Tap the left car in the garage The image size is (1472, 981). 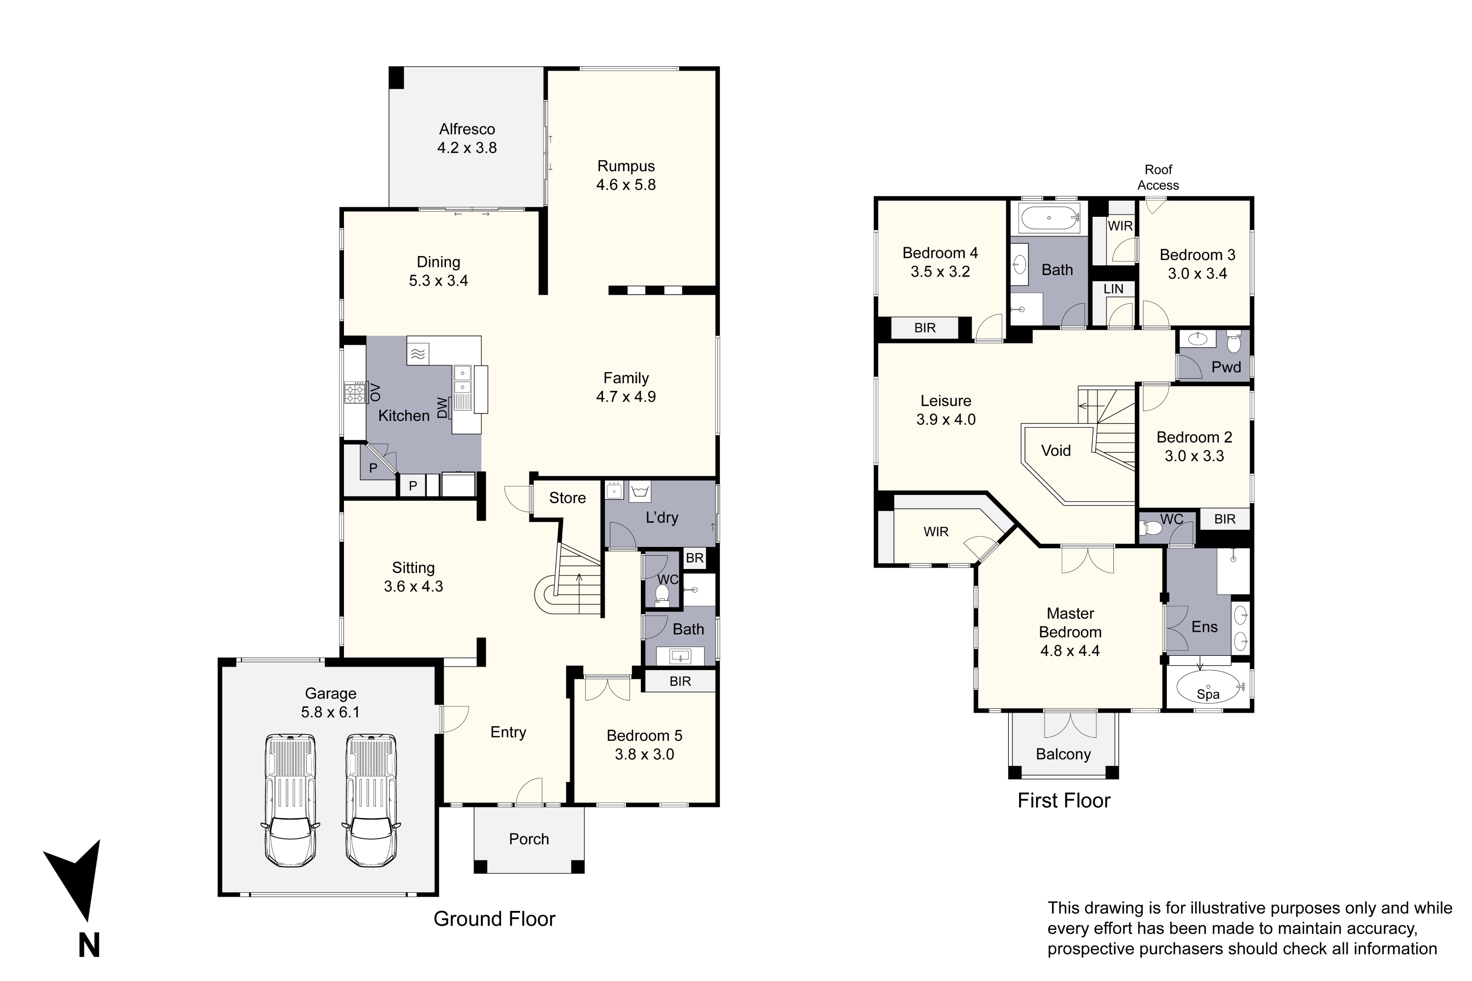tap(290, 800)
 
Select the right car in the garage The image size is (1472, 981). tap(372, 800)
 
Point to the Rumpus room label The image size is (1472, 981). tap(626, 166)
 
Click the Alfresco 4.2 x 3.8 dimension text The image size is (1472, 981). tap(467, 148)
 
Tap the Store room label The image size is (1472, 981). tap(568, 498)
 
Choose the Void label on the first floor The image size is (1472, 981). tap(1056, 450)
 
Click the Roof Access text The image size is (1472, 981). tap(1158, 177)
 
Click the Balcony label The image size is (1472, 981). tap(1063, 754)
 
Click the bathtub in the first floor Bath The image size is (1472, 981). tap(1050, 218)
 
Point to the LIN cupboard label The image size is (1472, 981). tap(1113, 289)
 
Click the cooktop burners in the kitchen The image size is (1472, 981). tap(355, 393)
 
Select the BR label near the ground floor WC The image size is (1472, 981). tap(695, 558)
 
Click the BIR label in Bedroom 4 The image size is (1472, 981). tap(925, 328)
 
